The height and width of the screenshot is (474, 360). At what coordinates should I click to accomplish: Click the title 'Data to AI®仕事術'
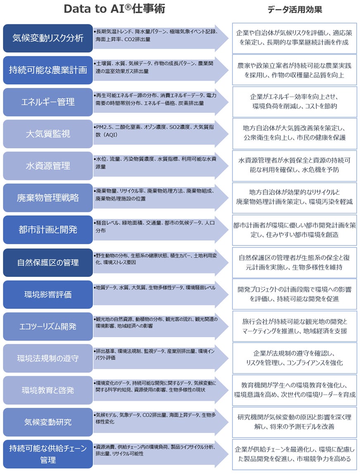(x=114, y=10)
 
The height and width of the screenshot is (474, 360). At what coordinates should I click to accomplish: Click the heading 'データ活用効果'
(x=294, y=10)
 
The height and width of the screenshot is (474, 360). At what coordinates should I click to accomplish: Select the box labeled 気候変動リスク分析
(x=48, y=38)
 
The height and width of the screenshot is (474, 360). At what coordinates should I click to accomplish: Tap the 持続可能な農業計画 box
(x=48, y=70)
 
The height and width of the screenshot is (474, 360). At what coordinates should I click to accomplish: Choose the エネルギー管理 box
(x=48, y=102)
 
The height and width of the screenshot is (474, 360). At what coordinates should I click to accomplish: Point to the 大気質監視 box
(x=48, y=133)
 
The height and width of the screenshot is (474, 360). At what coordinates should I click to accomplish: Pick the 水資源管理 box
(x=48, y=165)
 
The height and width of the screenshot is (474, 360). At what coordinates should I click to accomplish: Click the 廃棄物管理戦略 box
(x=48, y=198)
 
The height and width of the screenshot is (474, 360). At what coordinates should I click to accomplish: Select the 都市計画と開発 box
(x=48, y=229)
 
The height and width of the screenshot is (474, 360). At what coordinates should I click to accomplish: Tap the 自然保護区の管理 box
(x=48, y=262)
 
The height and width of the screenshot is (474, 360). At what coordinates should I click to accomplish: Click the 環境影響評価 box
(x=48, y=294)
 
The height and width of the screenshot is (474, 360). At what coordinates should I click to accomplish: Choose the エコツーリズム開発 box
(x=48, y=326)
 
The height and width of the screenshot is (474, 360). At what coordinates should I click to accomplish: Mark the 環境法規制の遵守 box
(x=48, y=358)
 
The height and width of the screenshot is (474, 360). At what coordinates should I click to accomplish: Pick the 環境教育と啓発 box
(x=48, y=390)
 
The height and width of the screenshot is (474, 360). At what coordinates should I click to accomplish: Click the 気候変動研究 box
(x=48, y=422)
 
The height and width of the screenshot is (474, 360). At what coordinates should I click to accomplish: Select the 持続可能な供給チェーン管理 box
(x=48, y=454)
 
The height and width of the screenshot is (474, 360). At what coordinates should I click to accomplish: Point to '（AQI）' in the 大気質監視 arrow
(x=109, y=135)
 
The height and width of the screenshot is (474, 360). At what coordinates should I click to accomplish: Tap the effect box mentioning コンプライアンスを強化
(x=294, y=358)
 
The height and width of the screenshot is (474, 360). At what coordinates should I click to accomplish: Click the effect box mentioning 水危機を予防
(x=294, y=165)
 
